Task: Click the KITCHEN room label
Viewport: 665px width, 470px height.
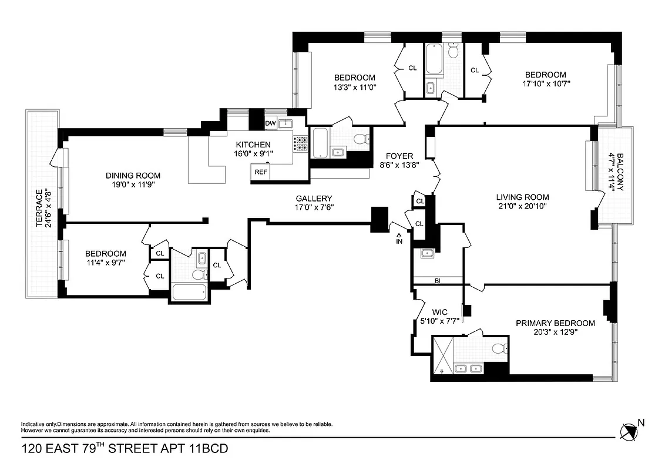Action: point(253,145)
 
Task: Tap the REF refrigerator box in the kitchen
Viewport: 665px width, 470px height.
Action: point(260,173)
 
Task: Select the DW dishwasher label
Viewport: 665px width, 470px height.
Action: point(270,123)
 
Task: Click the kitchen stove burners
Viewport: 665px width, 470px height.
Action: point(301,143)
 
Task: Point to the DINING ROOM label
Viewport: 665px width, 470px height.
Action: point(133,176)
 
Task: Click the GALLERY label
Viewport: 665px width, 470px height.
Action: point(314,199)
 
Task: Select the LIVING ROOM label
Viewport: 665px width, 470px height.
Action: point(522,197)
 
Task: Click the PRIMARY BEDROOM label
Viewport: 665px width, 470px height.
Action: point(555,323)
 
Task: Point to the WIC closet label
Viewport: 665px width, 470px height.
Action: point(440,312)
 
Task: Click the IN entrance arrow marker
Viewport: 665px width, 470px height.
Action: point(399,238)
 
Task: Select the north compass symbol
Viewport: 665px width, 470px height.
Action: point(629,431)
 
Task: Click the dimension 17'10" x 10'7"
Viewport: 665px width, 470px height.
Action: point(546,83)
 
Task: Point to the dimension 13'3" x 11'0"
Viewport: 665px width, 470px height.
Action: point(354,87)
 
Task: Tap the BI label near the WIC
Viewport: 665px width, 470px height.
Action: point(437,281)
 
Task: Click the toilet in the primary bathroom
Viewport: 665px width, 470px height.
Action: point(499,348)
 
